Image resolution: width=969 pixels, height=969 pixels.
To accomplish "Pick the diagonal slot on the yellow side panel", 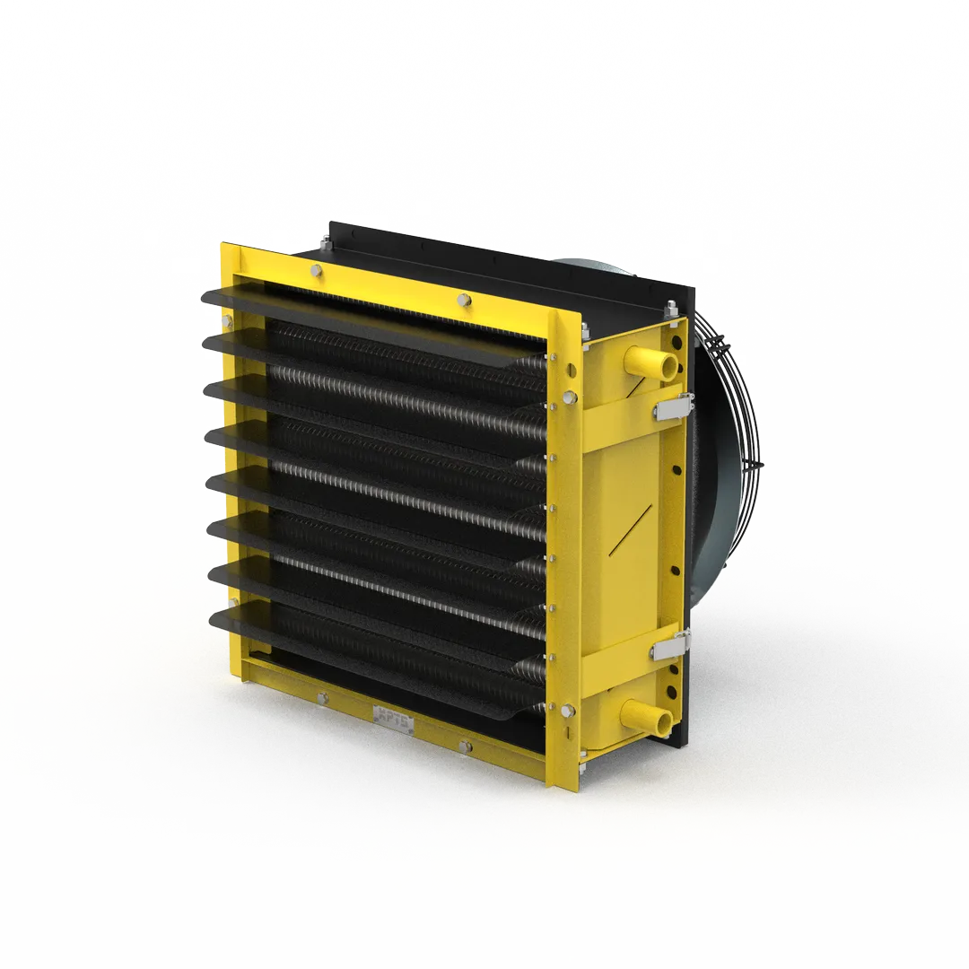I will tap(633, 530).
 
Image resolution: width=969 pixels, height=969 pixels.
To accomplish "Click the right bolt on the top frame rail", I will tap(463, 300).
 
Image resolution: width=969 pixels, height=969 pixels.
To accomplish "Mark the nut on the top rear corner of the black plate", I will tap(670, 311).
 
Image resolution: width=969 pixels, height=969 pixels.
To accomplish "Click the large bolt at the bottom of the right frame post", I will tap(567, 712).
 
